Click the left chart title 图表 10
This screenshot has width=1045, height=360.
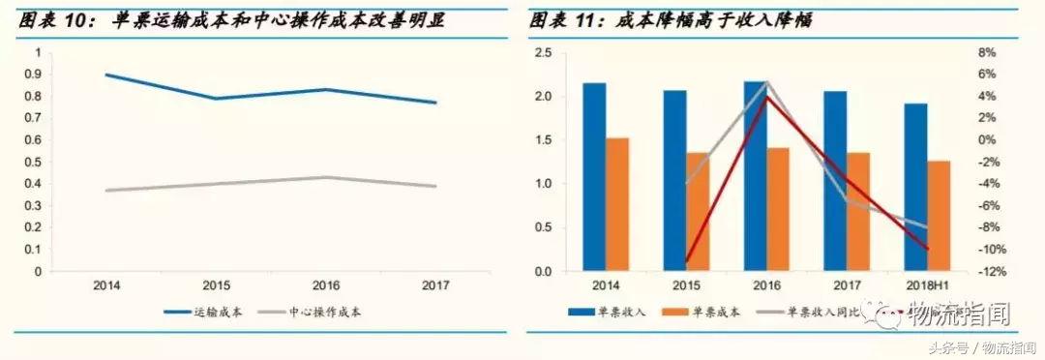pyautogui.click(x=232, y=19)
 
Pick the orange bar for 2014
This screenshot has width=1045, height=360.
pyautogui.click(x=617, y=204)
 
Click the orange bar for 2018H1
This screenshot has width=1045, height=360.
pyautogui.click(x=938, y=216)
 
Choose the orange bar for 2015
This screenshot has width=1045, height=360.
pyautogui.click(x=698, y=212)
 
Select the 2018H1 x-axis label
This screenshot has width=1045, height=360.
pyautogui.click(x=926, y=286)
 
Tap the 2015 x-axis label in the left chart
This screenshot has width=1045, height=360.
pyautogui.click(x=218, y=286)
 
